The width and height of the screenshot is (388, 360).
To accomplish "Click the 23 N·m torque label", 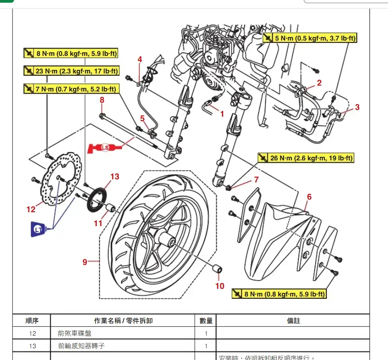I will (71, 71).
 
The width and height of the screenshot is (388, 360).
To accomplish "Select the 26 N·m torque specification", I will (306, 158).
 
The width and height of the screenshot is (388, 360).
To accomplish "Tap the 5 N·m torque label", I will (310, 38).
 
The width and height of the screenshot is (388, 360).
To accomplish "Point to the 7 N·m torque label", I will (71, 88).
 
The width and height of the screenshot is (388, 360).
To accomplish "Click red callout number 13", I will (115, 176).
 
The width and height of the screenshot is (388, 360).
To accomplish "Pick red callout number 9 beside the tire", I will (85, 261).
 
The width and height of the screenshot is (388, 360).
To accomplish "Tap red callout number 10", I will (220, 286).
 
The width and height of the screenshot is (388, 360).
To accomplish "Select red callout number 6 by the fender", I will (309, 196).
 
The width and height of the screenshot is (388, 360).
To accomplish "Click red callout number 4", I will (140, 59).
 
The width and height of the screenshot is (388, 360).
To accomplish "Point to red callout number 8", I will (102, 100).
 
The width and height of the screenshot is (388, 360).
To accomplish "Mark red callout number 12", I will (31, 209).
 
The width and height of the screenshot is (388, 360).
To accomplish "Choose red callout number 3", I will (357, 107).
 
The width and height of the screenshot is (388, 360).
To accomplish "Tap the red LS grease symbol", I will (105, 147).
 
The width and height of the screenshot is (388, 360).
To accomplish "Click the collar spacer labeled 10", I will (218, 269).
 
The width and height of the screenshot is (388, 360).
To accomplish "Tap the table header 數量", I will (206, 321).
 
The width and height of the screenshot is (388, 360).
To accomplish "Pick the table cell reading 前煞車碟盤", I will (77, 333).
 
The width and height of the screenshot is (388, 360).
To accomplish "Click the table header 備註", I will (293, 321).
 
